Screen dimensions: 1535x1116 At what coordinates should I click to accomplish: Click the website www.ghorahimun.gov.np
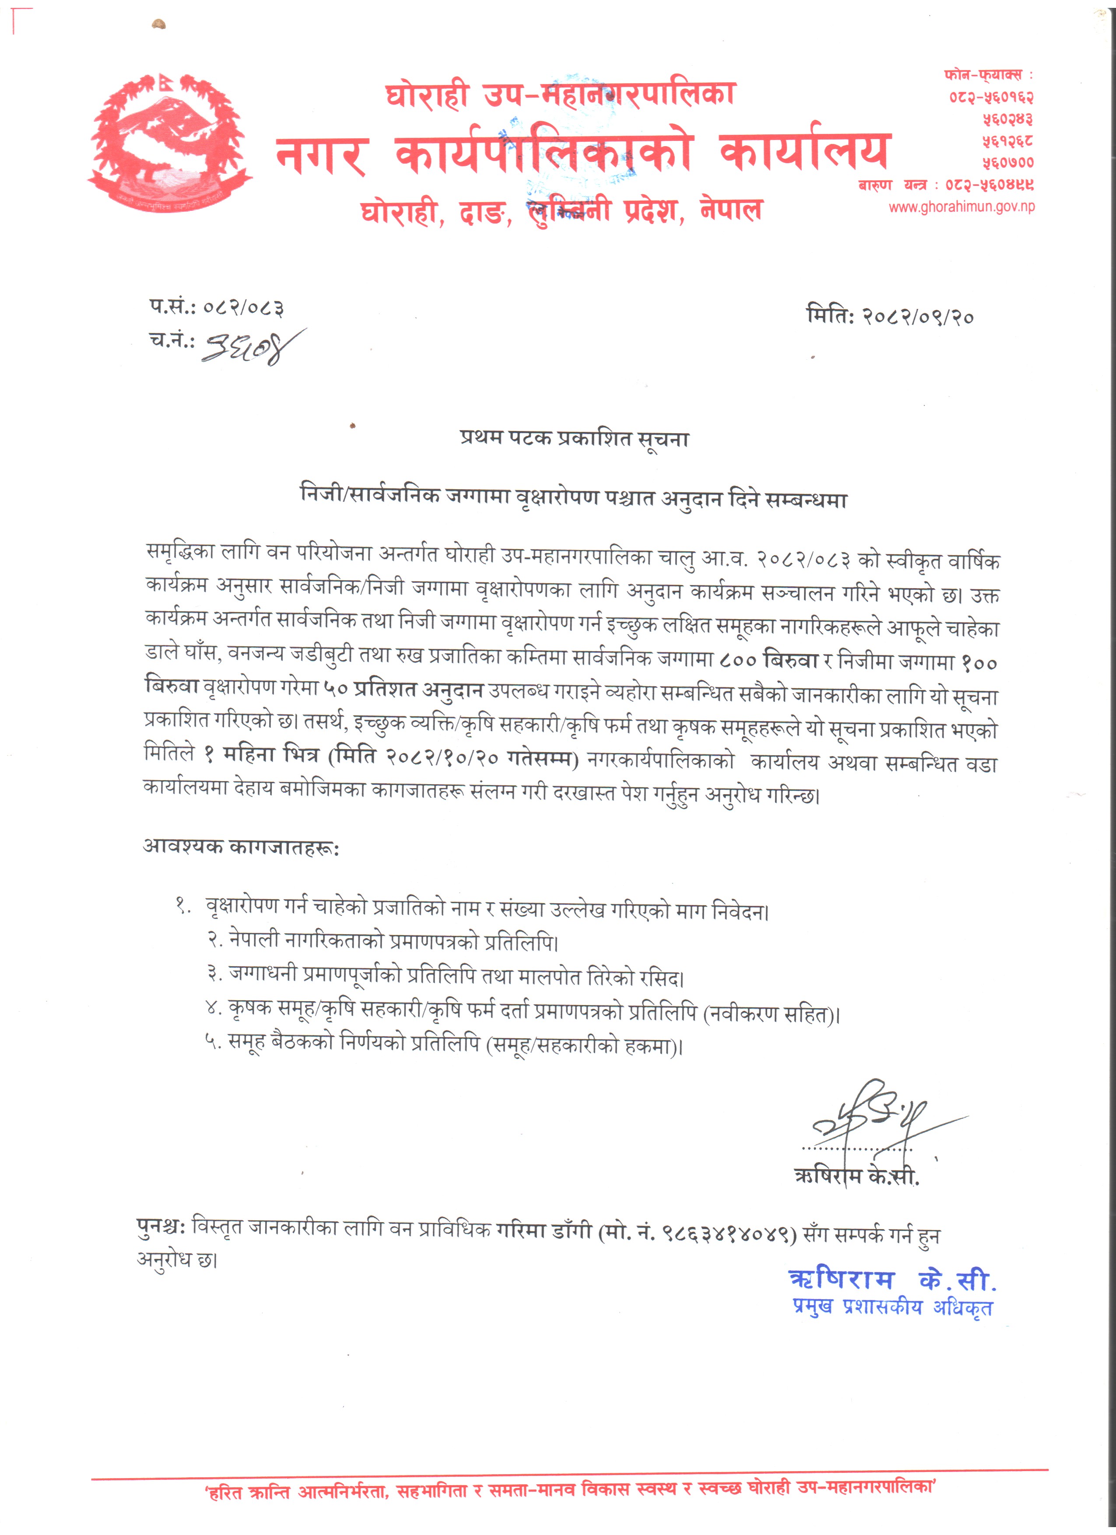pyautogui.click(x=961, y=207)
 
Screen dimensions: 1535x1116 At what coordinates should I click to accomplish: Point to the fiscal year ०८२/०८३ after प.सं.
pyautogui.click(x=244, y=308)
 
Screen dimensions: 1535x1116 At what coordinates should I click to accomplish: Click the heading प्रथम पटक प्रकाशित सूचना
pyautogui.click(x=574, y=438)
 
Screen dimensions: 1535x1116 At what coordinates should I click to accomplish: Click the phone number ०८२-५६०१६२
pyautogui.click(x=991, y=98)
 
